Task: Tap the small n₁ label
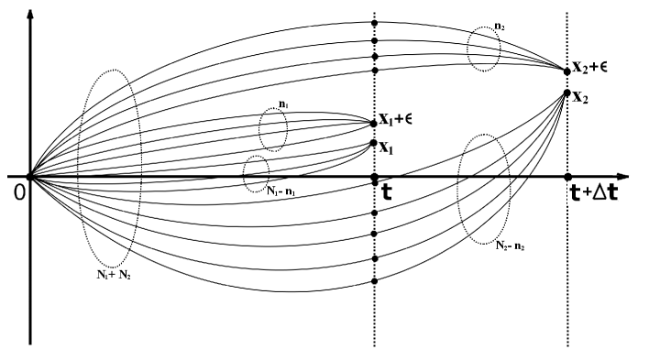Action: (x=272, y=105)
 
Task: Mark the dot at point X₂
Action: (x=567, y=93)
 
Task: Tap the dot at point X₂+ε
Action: (x=567, y=70)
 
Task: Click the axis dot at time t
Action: (x=374, y=176)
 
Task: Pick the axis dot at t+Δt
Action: (x=567, y=176)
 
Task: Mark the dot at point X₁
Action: (x=373, y=143)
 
